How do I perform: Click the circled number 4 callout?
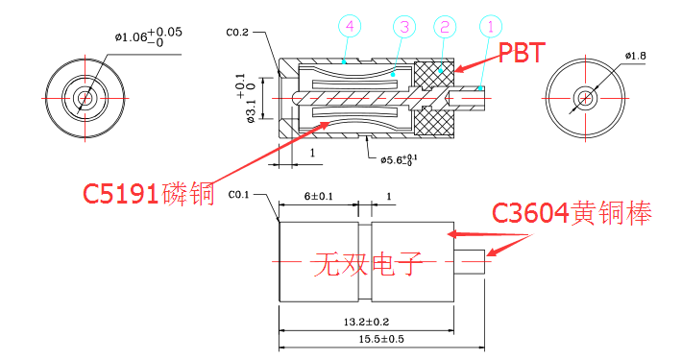coord(350,27)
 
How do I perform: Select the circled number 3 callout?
coord(404,27)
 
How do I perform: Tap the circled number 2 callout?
coord(445,27)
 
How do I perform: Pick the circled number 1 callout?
coord(491,27)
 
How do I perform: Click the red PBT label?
coord(522,53)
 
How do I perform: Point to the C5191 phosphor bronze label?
coord(149,194)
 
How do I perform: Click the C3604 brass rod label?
coord(572,213)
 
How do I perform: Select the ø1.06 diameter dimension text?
coord(148,36)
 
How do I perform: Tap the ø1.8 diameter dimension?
coord(636,56)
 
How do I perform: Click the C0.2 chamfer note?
coord(237,33)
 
